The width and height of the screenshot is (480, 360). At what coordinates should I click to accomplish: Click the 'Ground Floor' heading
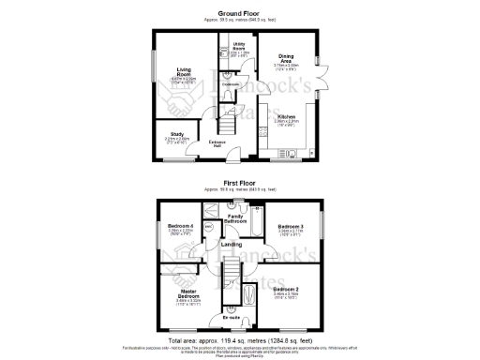click(x=239, y=13)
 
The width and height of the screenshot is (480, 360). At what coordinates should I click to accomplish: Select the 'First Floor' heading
click(x=239, y=183)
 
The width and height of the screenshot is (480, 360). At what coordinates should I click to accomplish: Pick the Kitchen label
click(x=286, y=116)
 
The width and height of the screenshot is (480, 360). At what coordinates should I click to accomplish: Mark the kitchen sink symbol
click(x=292, y=151)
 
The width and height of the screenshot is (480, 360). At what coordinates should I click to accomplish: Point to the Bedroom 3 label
click(x=289, y=226)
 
